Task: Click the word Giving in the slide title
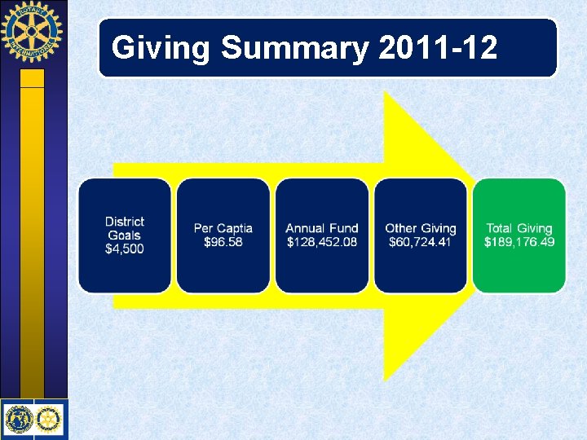coord(162,49)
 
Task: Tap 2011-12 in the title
coord(438,49)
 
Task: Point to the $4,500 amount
coord(124,249)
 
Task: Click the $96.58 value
coord(223,243)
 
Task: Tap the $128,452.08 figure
coord(322,243)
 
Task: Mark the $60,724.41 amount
coord(421,243)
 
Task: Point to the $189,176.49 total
coord(519,243)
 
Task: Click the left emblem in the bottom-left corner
coord(18,419)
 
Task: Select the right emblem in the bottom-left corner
coord(49,419)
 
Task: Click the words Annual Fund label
coord(322,228)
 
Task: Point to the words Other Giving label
coord(421,228)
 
